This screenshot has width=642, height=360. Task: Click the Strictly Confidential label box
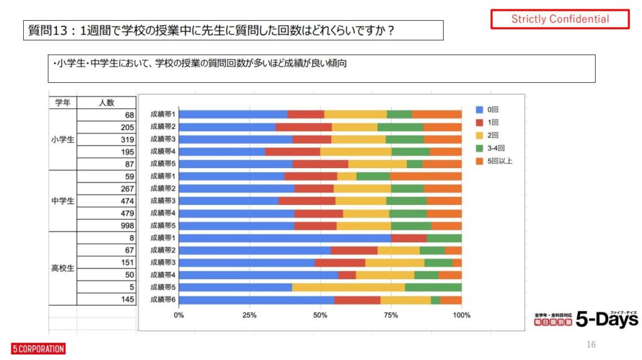[559, 19]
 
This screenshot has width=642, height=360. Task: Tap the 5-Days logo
[586, 319]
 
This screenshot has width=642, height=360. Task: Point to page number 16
[591, 344]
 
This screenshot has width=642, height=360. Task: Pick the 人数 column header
[106, 102]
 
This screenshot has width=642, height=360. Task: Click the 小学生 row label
[62, 140]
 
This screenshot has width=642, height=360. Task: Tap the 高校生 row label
[62, 268]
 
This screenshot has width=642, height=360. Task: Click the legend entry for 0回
[492, 109]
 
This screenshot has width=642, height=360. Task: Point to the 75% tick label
[391, 315]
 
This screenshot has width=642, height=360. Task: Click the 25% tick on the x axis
[250, 315]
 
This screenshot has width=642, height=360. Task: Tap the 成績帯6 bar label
[162, 300]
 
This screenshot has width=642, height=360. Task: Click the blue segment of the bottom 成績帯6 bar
[256, 300]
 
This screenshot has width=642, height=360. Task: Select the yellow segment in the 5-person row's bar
[348, 287]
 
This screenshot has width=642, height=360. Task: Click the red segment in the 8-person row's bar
[409, 238]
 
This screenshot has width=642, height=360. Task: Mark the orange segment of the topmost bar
[436, 114]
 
